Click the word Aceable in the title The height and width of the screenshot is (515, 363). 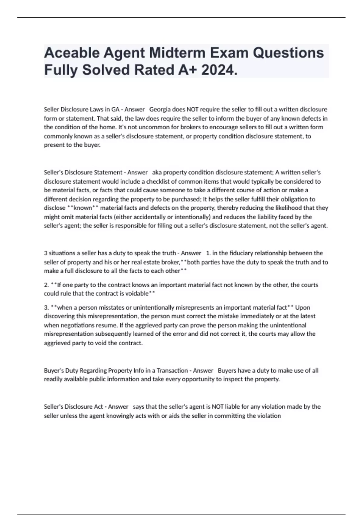pos(72,53)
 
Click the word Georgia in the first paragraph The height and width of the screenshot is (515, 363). pos(160,109)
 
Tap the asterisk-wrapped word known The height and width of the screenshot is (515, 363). pos(83,208)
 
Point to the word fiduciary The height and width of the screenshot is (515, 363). pos(237,253)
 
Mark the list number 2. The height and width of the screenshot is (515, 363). pos(46,285)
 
